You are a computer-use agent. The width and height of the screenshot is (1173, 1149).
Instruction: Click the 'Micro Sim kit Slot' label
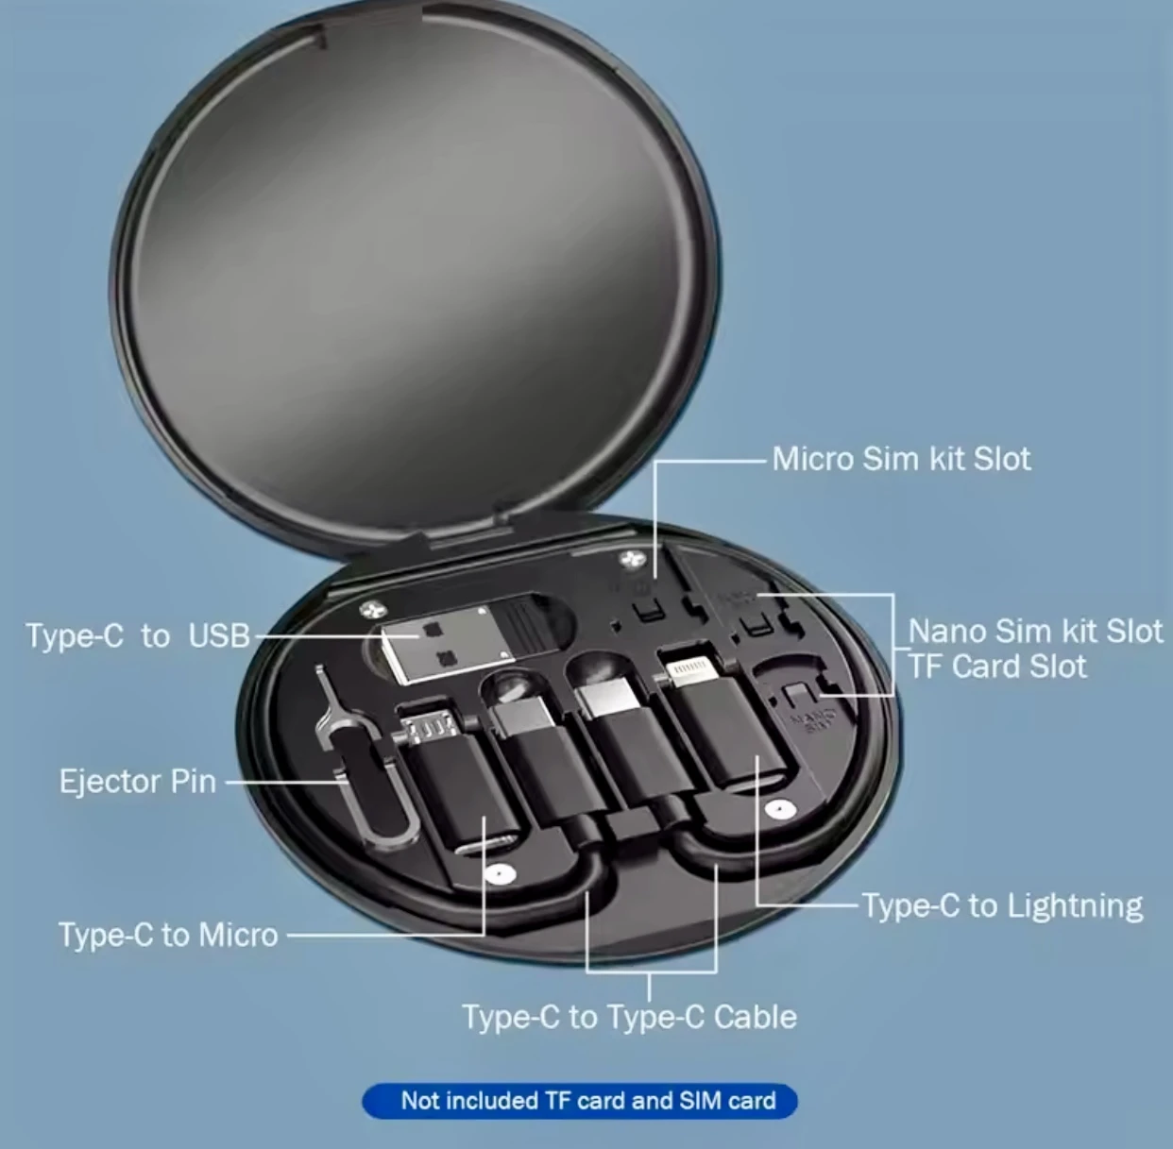coord(901,459)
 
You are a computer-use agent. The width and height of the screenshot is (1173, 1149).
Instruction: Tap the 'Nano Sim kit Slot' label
coord(1035,631)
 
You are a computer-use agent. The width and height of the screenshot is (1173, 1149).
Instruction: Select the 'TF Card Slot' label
coord(997,667)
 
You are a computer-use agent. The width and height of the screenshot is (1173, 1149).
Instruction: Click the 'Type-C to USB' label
coord(138,635)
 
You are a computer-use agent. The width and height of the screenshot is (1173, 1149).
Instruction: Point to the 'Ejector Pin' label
coord(138,782)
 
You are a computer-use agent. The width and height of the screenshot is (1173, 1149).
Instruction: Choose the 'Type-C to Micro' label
coord(168,935)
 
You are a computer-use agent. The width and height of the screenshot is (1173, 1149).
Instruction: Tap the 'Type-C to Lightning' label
coord(1001,906)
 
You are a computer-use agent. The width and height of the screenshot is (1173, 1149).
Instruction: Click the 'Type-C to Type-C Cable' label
coord(629,1017)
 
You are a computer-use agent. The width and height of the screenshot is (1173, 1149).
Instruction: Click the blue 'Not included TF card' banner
coord(580,1101)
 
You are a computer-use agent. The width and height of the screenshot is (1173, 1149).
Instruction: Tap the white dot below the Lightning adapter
coord(777,810)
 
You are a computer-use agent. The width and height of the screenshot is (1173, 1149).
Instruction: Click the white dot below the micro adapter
coord(499,873)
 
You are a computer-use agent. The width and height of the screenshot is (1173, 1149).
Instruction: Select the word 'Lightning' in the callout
coord(1074,906)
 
